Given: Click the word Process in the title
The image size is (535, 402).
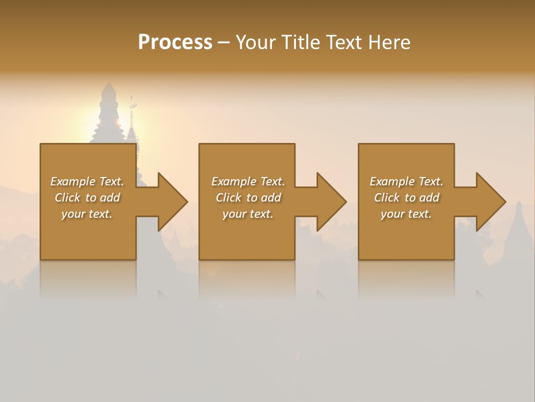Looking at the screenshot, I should (175, 42).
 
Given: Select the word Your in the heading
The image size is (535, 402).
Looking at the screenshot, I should (256, 42).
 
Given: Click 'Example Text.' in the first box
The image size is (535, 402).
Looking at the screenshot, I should (87, 181).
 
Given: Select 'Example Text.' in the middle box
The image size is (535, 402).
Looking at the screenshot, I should (248, 181).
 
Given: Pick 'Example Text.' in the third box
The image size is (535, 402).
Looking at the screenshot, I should (406, 181).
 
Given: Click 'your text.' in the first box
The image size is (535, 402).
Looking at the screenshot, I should (87, 214).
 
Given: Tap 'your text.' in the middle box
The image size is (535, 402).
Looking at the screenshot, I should (248, 214).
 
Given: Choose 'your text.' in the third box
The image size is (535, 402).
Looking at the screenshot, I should (406, 214).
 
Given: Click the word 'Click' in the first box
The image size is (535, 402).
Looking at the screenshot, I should (68, 198).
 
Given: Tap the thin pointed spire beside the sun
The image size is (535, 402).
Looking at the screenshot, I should (132, 120).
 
